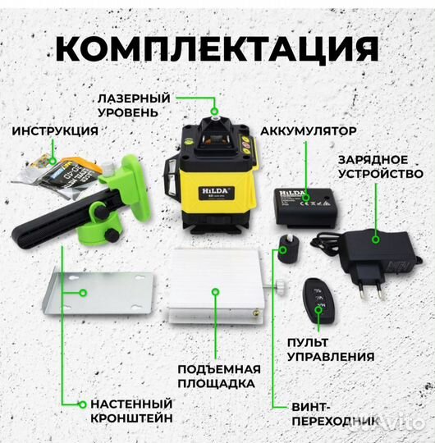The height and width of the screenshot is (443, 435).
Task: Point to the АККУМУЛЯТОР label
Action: click(309, 130)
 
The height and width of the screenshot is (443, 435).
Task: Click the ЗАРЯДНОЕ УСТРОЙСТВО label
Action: click(382, 167)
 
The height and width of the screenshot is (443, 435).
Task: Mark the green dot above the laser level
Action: click(214, 110)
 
